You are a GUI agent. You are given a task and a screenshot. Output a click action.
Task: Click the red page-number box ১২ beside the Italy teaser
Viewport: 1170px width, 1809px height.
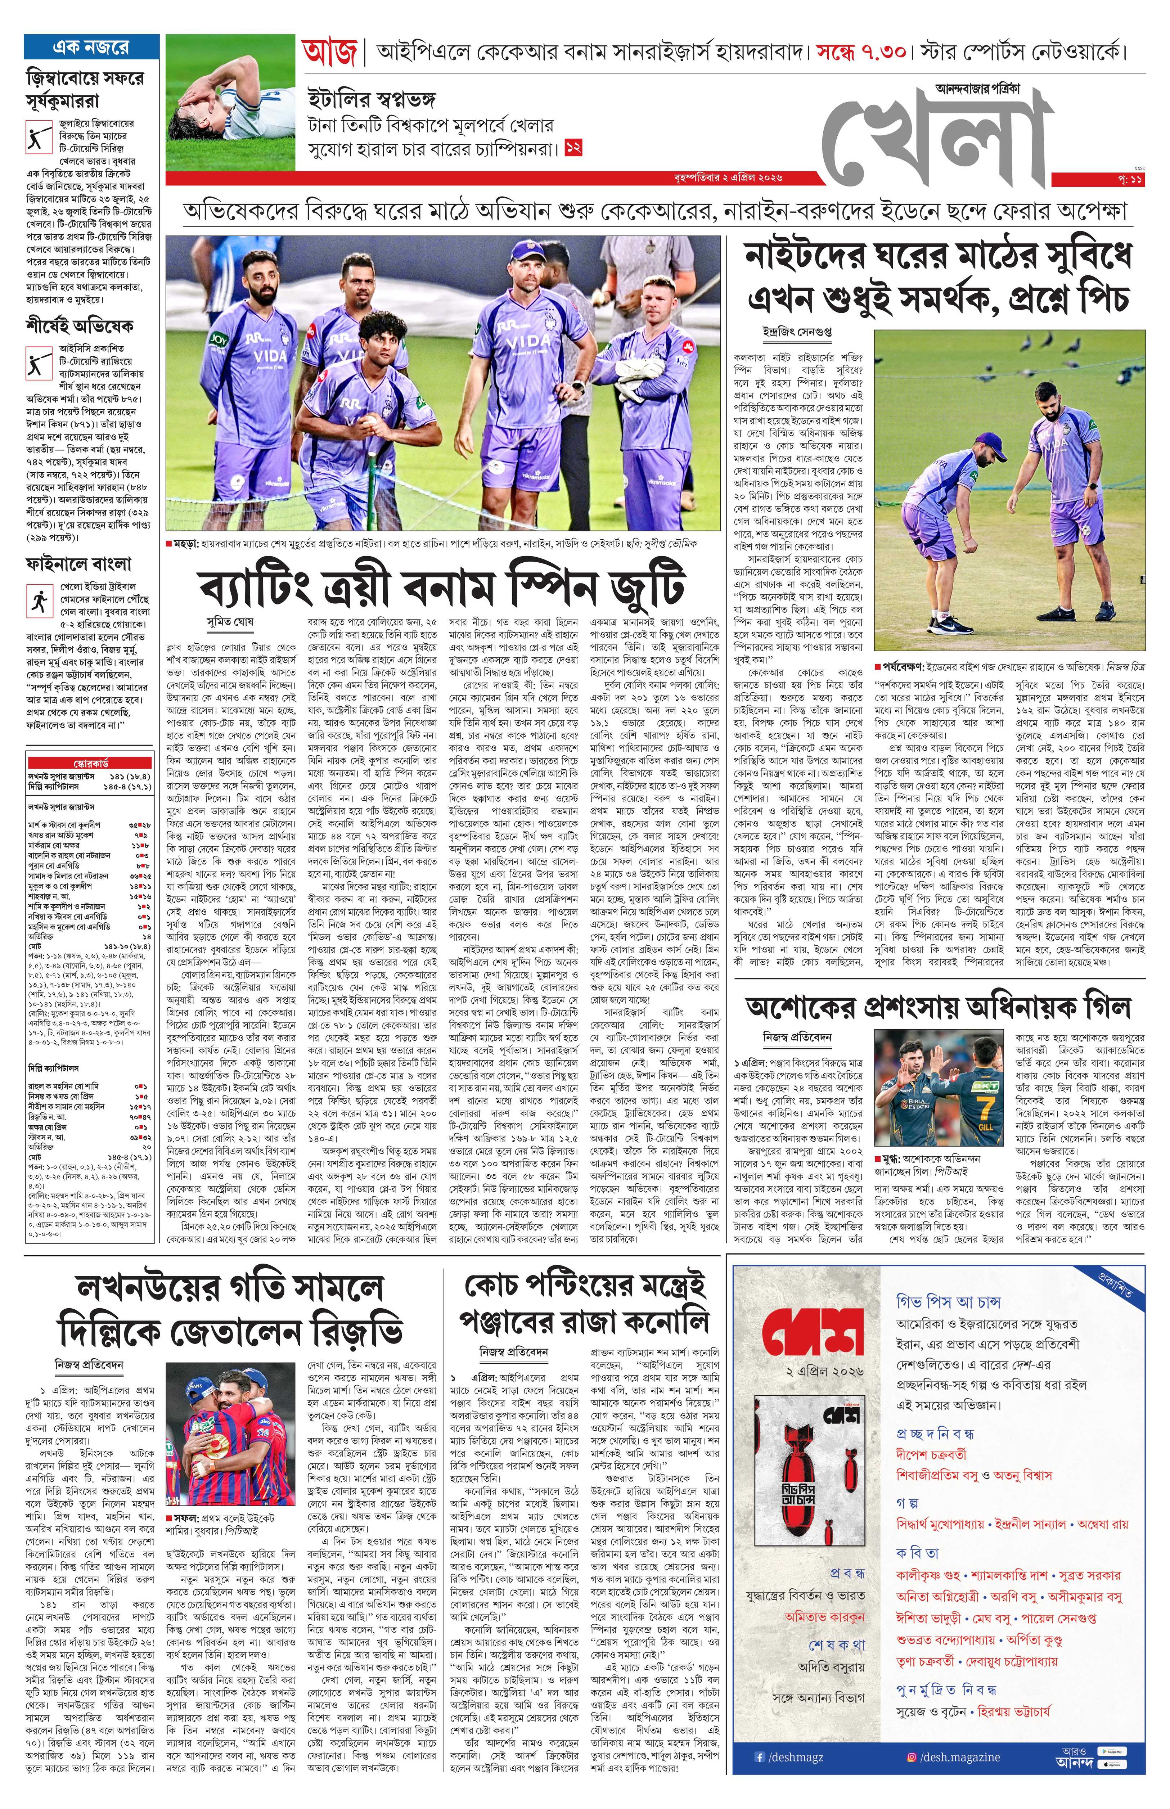click(573, 149)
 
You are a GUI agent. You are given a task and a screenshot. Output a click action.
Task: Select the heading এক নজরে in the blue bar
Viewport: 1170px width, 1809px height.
click(91, 47)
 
